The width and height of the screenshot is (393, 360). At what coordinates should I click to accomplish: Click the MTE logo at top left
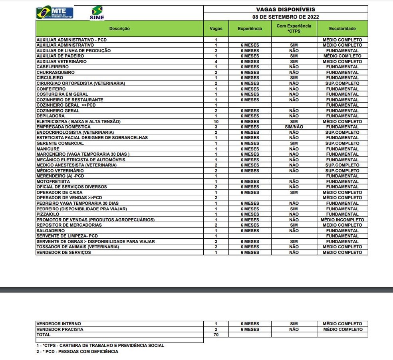(54, 13)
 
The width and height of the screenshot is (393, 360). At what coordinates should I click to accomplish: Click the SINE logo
(97, 13)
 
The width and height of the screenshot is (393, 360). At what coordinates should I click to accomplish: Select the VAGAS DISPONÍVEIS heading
(285, 9)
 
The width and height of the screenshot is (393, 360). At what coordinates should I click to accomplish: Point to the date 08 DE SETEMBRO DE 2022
(285, 17)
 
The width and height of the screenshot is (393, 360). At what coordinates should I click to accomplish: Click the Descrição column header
(119, 29)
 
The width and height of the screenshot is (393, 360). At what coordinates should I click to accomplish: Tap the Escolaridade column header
(342, 29)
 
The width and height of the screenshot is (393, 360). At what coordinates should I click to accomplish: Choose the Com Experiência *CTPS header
(294, 28)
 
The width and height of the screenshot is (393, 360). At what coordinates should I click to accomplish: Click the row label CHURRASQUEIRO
(56, 72)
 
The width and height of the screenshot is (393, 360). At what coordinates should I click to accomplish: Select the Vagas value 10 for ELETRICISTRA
(216, 121)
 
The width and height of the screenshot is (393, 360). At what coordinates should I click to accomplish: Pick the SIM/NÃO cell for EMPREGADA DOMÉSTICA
(294, 127)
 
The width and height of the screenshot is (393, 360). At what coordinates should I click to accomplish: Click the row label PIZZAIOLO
(48, 214)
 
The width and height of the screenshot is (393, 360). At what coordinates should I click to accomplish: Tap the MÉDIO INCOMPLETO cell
(342, 220)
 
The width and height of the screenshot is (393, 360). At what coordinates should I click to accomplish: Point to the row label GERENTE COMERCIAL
(60, 143)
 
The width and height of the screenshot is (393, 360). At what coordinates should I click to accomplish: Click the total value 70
(216, 335)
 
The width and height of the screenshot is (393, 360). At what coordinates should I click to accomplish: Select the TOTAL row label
(44, 335)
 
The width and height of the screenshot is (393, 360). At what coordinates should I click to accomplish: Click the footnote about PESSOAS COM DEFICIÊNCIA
(77, 352)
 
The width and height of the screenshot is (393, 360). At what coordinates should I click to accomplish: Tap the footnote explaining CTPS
(100, 346)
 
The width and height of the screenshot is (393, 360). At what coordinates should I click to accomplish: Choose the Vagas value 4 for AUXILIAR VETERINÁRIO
(216, 61)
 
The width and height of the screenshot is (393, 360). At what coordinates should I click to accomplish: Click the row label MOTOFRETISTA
(53, 182)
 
